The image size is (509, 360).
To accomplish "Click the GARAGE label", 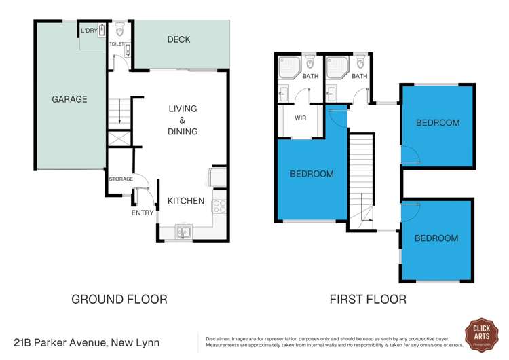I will click(x=70, y=99).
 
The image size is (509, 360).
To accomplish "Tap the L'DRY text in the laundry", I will click(x=88, y=31).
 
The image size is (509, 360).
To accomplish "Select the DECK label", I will click(x=178, y=40).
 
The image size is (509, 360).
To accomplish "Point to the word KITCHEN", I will click(x=185, y=200).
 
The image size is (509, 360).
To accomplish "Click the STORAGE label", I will click(x=121, y=179).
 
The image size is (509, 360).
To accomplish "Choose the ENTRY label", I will click(x=143, y=213).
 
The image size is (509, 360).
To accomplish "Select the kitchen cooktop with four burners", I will click(x=219, y=202).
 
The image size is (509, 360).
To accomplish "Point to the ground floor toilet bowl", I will click(x=120, y=30).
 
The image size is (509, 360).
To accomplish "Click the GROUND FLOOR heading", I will click(x=119, y=298).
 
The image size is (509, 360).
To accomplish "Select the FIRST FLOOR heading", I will click(x=368, y=298).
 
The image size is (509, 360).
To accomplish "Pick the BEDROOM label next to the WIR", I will click(x=312, y=174).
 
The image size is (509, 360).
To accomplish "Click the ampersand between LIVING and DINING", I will click(x=183, y=120).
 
